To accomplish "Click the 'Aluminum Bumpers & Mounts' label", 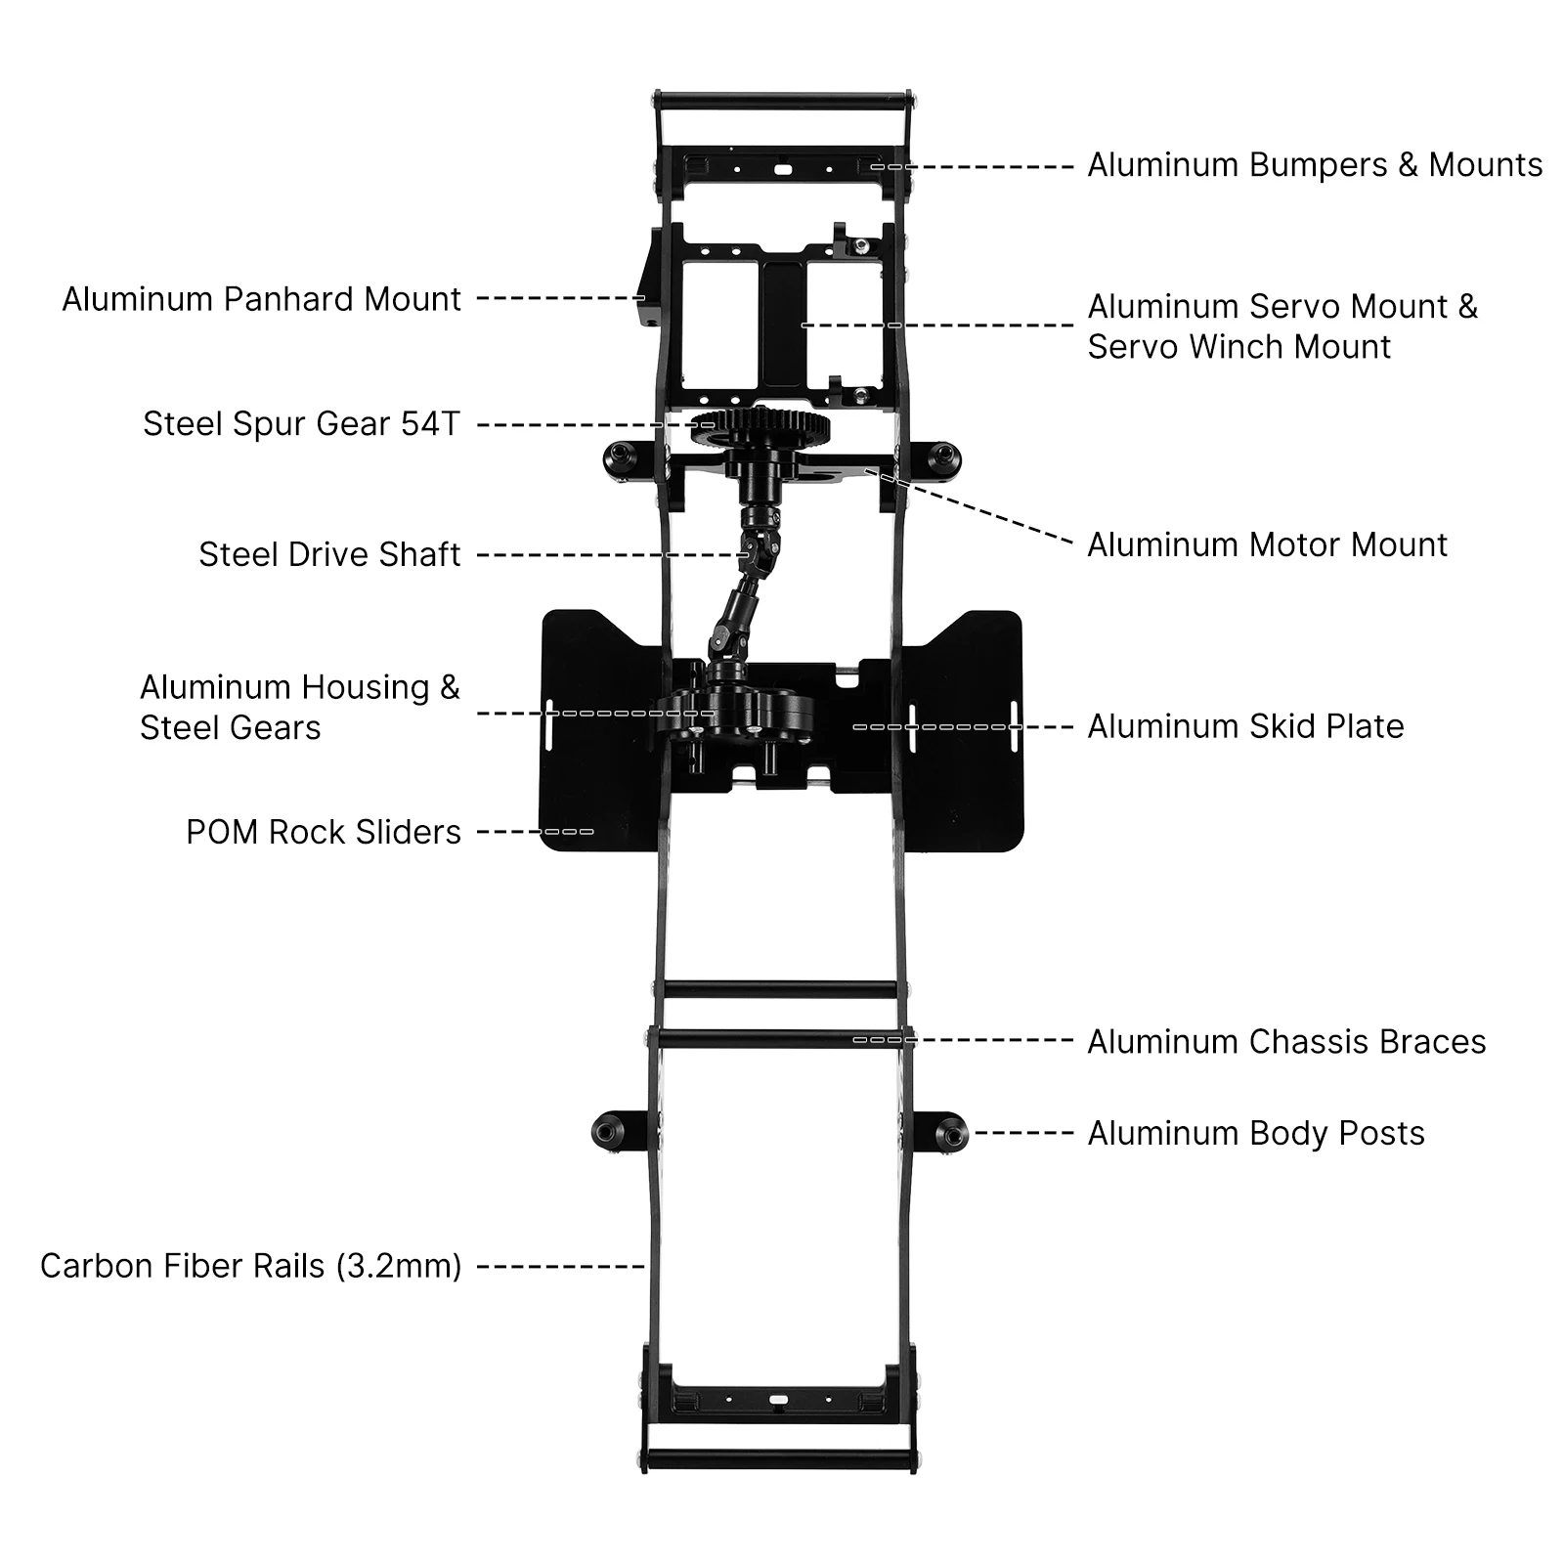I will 1315,165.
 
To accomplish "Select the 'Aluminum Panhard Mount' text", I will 261,299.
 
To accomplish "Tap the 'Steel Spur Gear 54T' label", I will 301,424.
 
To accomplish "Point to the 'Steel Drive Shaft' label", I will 329,555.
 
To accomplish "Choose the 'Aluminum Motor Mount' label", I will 1267,545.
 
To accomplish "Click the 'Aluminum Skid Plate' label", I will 1245,727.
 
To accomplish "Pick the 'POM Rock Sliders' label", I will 323,833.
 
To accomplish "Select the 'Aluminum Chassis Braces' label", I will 1286,1042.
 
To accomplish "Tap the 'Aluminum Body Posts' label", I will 1256,1134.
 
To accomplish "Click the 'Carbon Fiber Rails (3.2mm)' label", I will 250,1267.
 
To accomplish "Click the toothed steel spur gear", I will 760,427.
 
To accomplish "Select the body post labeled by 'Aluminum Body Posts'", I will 948,1134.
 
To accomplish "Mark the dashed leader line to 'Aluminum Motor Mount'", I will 977,508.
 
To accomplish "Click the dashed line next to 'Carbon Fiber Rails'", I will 560,1267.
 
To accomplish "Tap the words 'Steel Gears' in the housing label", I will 230,728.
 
